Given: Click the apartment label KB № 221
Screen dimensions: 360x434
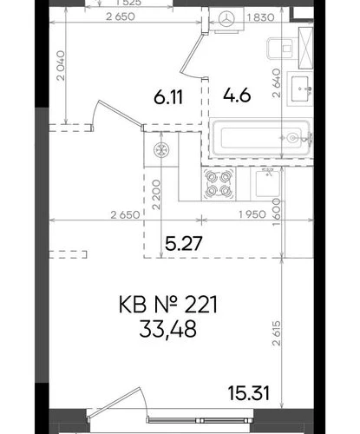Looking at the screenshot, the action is click(x=168, y=305).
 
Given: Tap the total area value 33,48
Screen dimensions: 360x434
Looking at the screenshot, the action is click(x=168, y=329).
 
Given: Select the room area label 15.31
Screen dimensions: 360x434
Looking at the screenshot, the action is click(x=249, y=393).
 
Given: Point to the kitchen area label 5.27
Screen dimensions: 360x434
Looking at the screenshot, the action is click(x=183, y=243).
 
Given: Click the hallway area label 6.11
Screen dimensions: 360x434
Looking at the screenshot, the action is click(x=168, y=97).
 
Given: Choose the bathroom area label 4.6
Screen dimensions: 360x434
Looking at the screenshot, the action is click(x=237, y=95).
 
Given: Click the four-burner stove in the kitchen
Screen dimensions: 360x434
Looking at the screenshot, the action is click(x=219, y=184).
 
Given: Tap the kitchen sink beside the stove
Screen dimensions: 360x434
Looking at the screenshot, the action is click(x=268, y=183).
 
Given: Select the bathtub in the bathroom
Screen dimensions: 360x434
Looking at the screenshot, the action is click(x=261, y=138).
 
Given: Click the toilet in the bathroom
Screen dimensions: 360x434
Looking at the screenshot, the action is click(x=281, y=49).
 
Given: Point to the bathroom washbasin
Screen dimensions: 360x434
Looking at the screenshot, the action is click(x=300, y=89).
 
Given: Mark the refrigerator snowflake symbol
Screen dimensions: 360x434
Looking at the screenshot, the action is click(x=161, y=150).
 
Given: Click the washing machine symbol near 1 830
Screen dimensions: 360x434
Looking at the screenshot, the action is click(x=226, y=20).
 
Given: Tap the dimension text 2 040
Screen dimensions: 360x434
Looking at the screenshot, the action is click(x=61, y=66).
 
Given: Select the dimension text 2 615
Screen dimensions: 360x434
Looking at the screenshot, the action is click(x=277, y=332).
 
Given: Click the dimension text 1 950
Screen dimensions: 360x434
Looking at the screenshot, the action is click(x=252, y=214).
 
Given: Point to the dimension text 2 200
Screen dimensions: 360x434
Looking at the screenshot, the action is click(x=156, y=194).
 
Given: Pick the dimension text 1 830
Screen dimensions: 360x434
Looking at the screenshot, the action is click(x=260, y=17).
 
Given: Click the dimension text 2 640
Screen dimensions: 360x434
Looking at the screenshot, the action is click(x=277, y=82).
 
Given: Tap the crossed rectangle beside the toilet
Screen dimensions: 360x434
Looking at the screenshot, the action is click(x=305, y=48).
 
